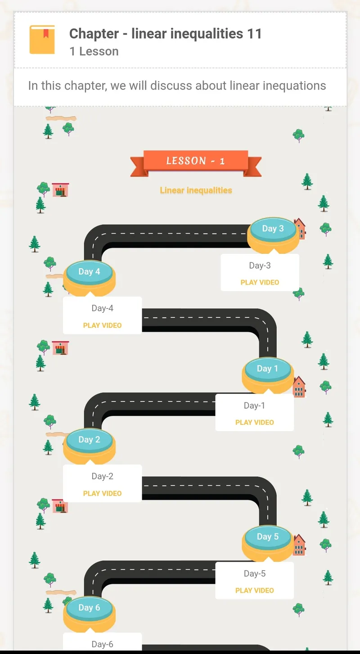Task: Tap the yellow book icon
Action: click(x=42, y=40)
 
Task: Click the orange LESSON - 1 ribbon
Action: click(x=196, y=162)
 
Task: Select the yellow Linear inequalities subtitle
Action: click(x=196, y=190)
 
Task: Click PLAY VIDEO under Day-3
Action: click(x=260, y=282)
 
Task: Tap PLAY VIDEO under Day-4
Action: click(x=102, y=325)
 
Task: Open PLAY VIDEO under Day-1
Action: click(x=255, y=422)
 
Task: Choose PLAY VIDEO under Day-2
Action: click(x=102, y=493)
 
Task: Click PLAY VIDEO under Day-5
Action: click(x=255, y=591)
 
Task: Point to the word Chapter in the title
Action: click(x=94, y=34)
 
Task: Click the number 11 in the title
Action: click(x=254, y=33)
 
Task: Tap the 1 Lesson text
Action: click(x=94, y=51)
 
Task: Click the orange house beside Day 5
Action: click(x=299, y=545)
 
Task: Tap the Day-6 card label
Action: click(x=102, y=644)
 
